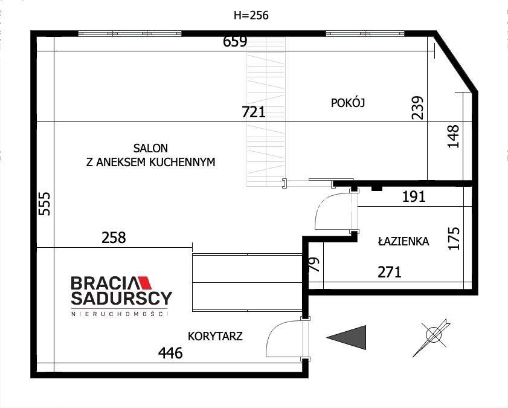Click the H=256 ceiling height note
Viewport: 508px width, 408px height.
point(250,16)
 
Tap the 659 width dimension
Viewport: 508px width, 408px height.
point(235,42)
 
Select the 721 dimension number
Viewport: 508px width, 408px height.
point(253,112)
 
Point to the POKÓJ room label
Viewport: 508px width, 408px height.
point(348,103)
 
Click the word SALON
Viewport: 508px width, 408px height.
point(151,148)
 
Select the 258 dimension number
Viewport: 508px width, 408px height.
point(114,238)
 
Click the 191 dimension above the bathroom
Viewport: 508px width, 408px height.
point(414,196)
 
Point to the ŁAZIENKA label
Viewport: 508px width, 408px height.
point(404,242)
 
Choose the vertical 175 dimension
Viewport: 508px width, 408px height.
point(455,239)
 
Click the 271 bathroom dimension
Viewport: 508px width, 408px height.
point(390,273)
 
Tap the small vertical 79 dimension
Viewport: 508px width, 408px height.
point(313,265)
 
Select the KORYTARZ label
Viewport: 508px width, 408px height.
point(215,337)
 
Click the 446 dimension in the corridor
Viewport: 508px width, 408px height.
point(170,353)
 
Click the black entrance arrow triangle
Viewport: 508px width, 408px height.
point(350,337)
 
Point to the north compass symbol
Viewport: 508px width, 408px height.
point(434,335)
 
